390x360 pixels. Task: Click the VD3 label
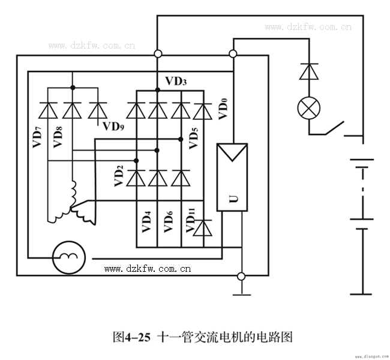point(175,81)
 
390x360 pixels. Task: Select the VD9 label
point(115,126)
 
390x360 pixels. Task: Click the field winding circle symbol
point(68,258)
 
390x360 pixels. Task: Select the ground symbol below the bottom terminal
point(241,294)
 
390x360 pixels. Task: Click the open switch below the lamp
point(334,128)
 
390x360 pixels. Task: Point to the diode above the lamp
point(310,71)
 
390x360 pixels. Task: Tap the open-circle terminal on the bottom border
point(241,276)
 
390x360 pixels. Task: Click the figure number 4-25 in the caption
point(138,337)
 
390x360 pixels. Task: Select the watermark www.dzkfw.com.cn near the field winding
point(148,269)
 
